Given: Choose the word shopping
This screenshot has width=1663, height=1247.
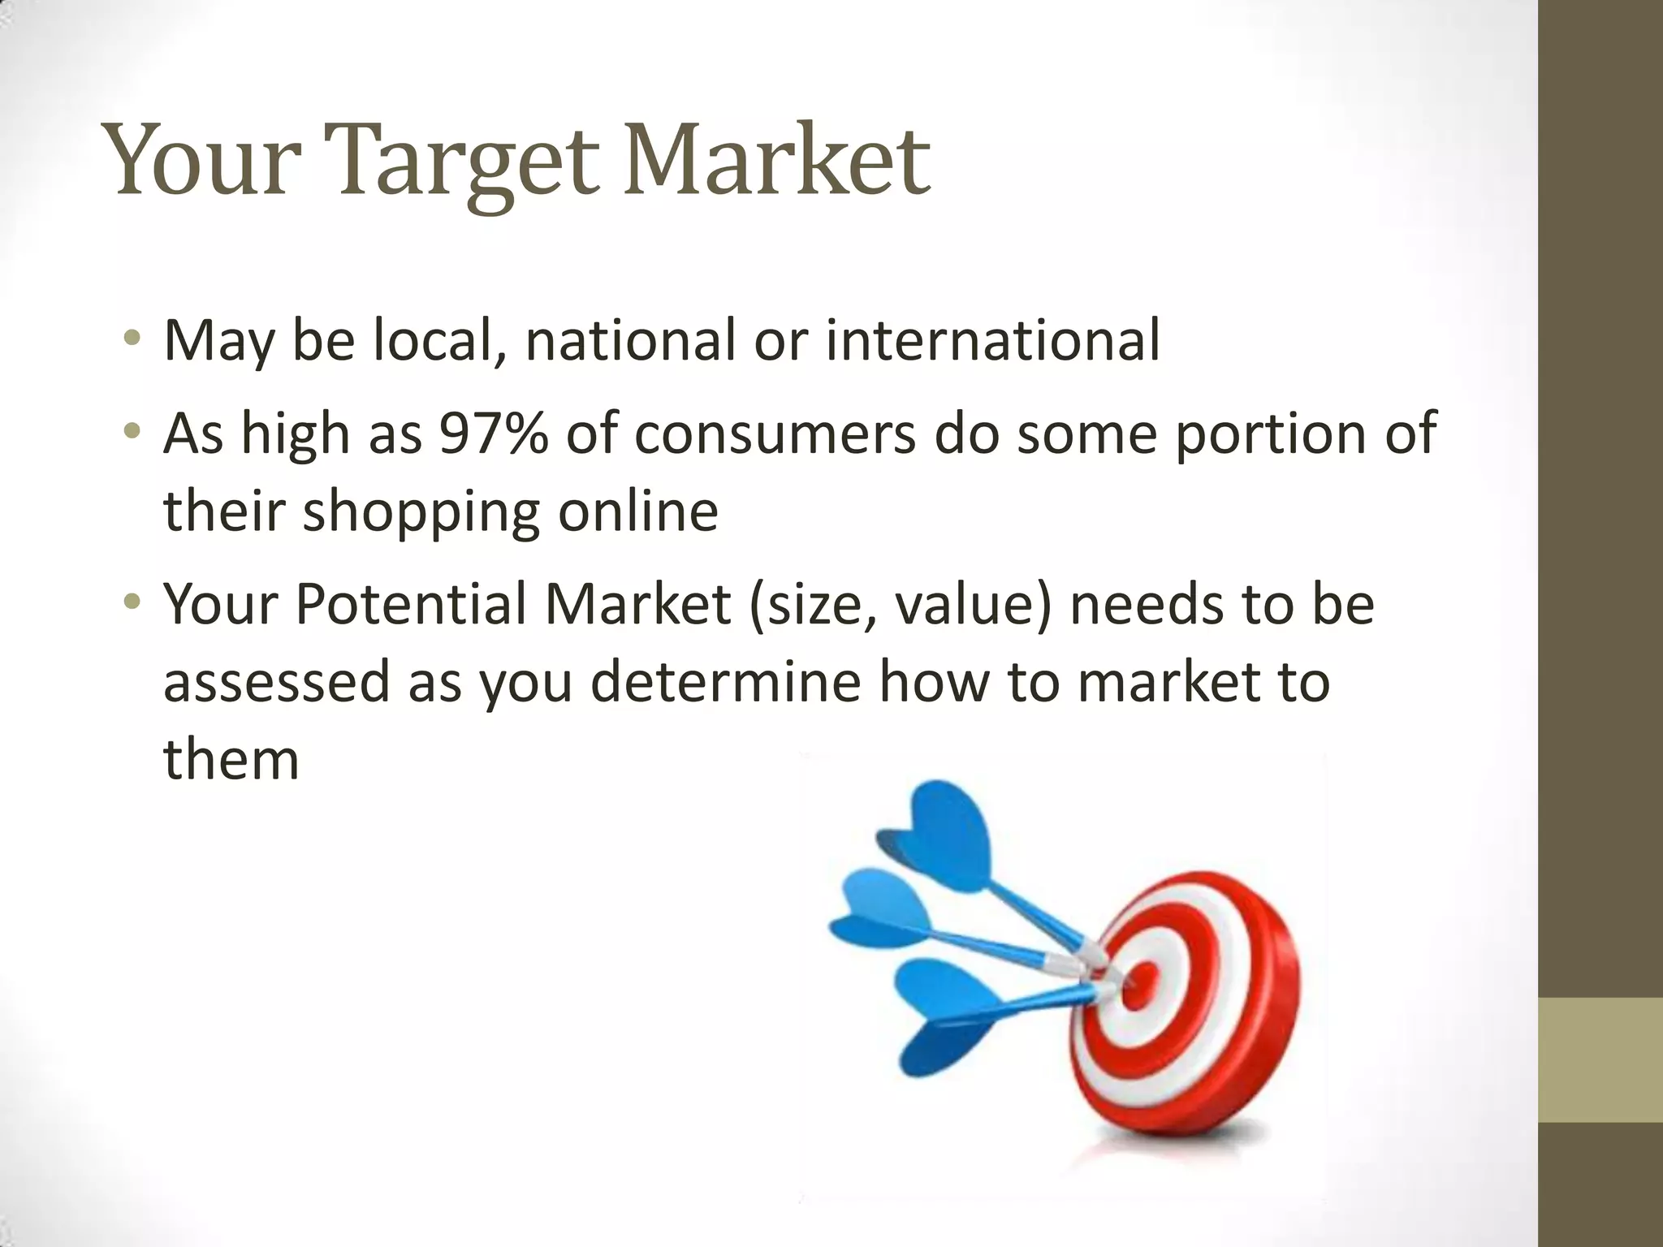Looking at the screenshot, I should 421,511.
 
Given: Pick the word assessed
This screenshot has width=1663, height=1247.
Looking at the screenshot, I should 277,681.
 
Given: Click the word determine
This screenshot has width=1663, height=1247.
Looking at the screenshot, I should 725,681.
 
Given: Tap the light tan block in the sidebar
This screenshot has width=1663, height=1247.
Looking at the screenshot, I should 1600,1059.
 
